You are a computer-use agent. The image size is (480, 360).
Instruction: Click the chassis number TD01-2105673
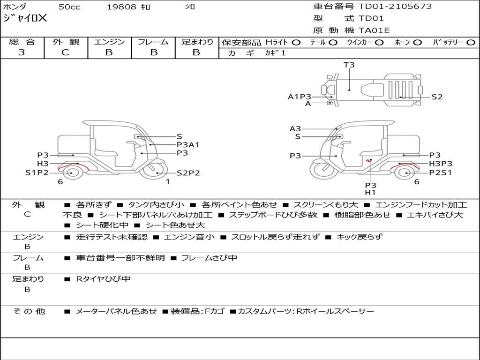[395, 7]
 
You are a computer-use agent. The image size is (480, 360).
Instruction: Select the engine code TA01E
[374, 31]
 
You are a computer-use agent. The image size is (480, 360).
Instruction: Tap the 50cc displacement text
[69, 7]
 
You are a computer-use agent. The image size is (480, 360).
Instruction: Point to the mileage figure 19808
[121, 7]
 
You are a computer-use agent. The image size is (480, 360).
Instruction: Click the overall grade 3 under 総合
[22, 52]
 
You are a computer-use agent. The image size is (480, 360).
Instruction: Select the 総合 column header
[22, 42]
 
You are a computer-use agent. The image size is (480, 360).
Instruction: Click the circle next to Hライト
[296, 42]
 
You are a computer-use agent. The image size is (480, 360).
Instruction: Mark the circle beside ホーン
[417, 42]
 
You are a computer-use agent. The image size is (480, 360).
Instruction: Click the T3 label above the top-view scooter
[349, 65]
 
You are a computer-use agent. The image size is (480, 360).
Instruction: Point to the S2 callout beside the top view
[437, 97]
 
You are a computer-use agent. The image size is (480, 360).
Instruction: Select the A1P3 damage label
[299, 97]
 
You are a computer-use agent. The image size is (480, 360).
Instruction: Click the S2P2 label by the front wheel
[188, 173]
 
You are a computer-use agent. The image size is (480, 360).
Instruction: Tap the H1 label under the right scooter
[370, 192]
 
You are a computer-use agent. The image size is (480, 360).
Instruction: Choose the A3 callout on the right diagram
[295, 129]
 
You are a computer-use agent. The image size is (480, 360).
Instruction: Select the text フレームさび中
[209, 258]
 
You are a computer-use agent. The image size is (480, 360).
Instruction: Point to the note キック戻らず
[359, 237]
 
